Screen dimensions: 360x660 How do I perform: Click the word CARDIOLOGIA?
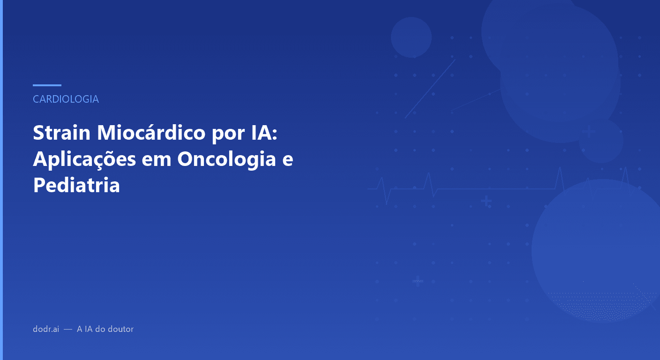tap(66, 99)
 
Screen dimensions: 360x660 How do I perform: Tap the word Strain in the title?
tap(61, 134)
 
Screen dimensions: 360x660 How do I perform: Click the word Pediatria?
tap(76, 186)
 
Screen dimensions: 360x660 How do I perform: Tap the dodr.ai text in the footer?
tap(46, 329)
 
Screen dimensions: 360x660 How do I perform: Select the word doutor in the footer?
tap(121, 329)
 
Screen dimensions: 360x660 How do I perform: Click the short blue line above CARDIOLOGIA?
tap(47, 85)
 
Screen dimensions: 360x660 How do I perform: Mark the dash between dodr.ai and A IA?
tap(68, 330)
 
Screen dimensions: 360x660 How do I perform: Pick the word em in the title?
tap(157, 160)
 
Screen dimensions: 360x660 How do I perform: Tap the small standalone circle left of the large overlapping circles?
tap(411, 37)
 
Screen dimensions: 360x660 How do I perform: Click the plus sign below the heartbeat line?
tap(486, 202)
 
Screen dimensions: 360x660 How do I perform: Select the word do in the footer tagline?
tap(100, 329)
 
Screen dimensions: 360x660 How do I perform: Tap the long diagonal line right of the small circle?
tap(430, 89)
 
